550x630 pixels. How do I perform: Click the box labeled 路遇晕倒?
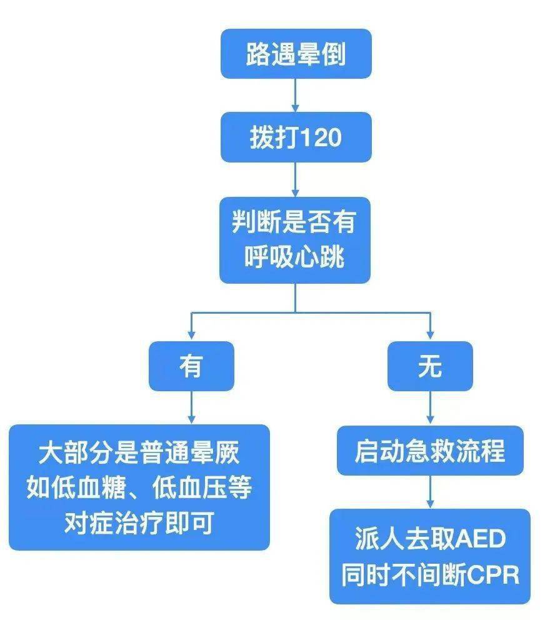pos(296,54)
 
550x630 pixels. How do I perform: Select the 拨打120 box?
pos(296,137)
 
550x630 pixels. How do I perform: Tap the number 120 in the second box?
pos(321,137)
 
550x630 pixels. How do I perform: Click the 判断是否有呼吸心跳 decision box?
pos(295,240)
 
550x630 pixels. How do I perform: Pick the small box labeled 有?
pos(192,366)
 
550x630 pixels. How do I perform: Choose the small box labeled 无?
pos(430,366)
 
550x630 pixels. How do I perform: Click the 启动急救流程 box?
pos(430,451)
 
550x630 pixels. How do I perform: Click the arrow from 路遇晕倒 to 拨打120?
pos(295,95)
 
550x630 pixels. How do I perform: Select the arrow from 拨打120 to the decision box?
pos(295,179)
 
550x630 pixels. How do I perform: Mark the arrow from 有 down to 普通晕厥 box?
pos(192,407)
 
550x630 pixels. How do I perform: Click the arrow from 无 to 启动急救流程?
pos(430,408)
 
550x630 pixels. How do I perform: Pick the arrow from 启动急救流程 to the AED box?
pos(430,492)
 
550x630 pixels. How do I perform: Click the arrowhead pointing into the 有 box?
pos(192,335)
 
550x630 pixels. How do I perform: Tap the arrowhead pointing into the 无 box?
pos(430,335)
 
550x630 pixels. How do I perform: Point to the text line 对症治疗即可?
pos(139,522)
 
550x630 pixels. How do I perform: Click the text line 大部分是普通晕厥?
pos(139,452)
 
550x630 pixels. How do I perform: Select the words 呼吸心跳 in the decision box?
pos(295,257)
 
